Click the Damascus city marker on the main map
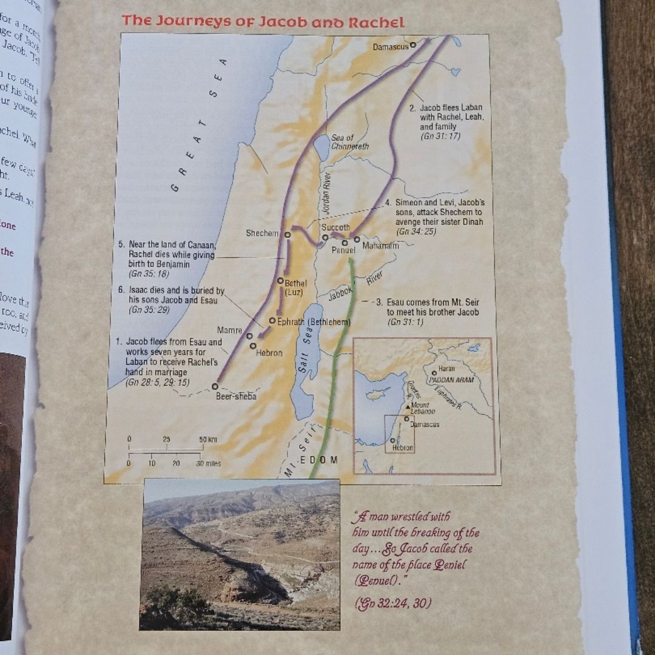point(413,44)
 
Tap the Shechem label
point(262,233)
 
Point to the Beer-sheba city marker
point(215,386)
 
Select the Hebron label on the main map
point(269,353)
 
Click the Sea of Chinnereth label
point(350,143)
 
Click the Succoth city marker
point(325,237)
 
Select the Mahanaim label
point(380,246)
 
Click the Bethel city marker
point(280,281)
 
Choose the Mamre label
point(229,330)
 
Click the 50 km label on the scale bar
point(208,439)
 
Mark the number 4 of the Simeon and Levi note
point(388,203)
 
